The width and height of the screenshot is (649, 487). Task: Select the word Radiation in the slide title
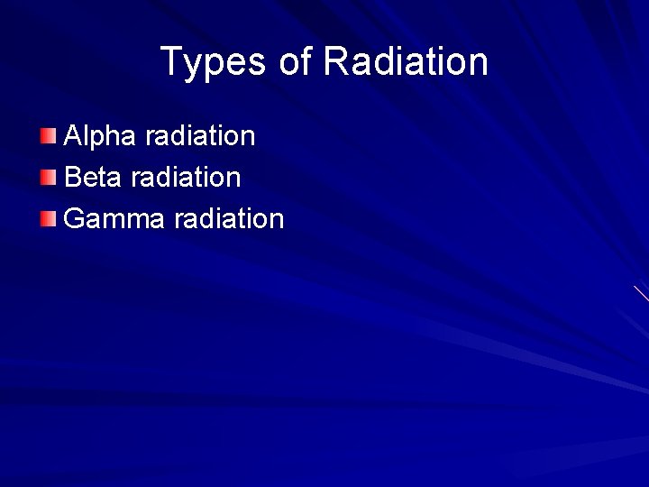coord(405,62)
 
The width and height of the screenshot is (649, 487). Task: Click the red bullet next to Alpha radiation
coord(49,136)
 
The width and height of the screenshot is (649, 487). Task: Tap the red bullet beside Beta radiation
coord(49,177)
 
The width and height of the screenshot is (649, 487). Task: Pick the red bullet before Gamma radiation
coord(49,217)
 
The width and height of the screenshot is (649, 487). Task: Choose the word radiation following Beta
coord(186,178)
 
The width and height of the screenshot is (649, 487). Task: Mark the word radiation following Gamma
coord(229,218)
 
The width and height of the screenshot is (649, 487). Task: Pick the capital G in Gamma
coord(76,218)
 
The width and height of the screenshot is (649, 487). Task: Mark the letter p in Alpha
coord(103,141)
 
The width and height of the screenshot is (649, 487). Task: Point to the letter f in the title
coord(307,61)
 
